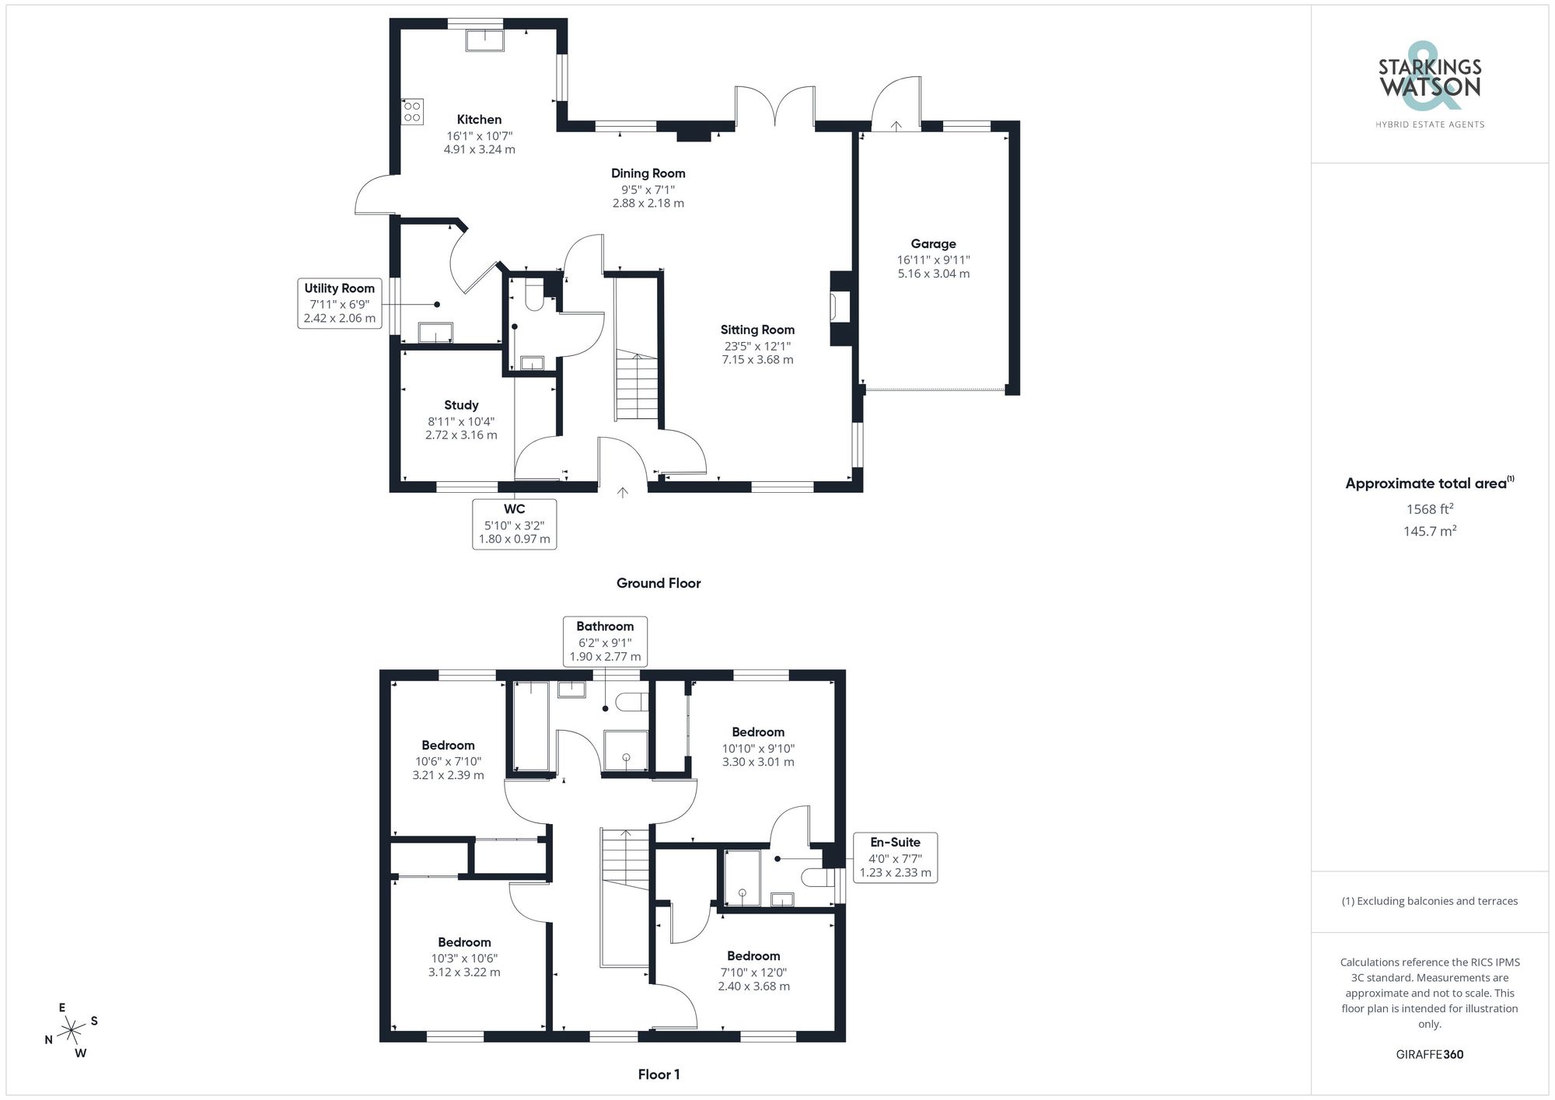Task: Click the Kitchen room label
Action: tap(479, 120)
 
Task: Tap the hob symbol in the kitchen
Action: tap(412, 111)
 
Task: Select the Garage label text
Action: tap(933, 244)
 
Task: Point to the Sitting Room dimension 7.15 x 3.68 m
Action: tap(757, 360)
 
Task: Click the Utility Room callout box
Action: tap(340, 303)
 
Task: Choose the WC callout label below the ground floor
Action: tap(514, 524)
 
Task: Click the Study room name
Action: tap(461, 405)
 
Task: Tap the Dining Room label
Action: tap(648, 173)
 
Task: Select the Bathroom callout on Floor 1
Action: tap(605, 641)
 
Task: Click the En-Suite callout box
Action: tap(895, 857)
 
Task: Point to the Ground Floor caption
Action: tap(659, 583)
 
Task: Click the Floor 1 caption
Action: tap(659, 1074)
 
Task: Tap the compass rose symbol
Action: tap(72, 1031)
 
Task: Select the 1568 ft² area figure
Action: tap(1429, 509)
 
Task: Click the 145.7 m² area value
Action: tap(1429, 531)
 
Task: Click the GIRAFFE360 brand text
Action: tap(1429, 1055)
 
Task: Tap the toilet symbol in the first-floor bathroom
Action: tap(631, 702)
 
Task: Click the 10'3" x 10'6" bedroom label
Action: tap(464, 958)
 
